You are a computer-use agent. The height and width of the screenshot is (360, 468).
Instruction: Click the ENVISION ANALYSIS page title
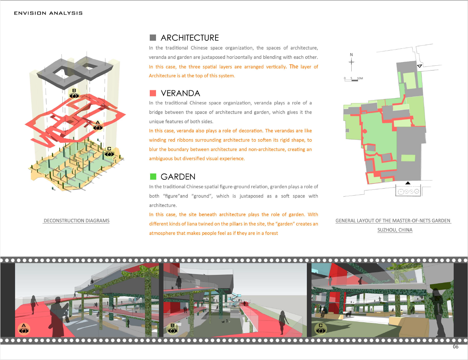click(48, 13)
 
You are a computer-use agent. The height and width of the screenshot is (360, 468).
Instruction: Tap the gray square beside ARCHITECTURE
click(153, 38)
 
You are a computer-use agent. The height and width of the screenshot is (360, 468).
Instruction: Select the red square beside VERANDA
click(153, 93)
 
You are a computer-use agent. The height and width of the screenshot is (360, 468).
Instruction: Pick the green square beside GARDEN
click(153, 177)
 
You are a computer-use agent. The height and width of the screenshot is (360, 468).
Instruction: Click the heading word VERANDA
click(181, 93)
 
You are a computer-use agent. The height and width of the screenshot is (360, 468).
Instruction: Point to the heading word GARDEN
click(178, 177)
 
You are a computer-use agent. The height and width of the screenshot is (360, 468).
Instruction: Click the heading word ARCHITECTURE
click(190, 38)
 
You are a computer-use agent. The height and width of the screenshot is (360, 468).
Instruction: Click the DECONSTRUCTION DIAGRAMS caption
click(76, 221)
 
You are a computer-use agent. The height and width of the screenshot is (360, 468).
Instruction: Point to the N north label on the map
click(351, 55)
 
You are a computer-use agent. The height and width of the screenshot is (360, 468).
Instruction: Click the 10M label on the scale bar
click(360, 78)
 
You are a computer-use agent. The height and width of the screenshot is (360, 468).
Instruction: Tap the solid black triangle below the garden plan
click(408, 183)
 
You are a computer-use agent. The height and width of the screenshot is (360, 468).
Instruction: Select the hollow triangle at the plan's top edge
click(420, 66)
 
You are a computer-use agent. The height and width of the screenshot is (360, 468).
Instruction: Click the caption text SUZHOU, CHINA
click(395, 230)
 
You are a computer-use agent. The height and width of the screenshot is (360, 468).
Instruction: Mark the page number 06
click(456, 347)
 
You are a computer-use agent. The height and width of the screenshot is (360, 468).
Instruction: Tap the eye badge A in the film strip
click(24, 329)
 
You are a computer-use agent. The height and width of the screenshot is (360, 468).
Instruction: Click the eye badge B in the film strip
click(173, 329)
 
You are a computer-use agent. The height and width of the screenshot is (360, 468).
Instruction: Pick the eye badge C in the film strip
click(321, 329)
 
